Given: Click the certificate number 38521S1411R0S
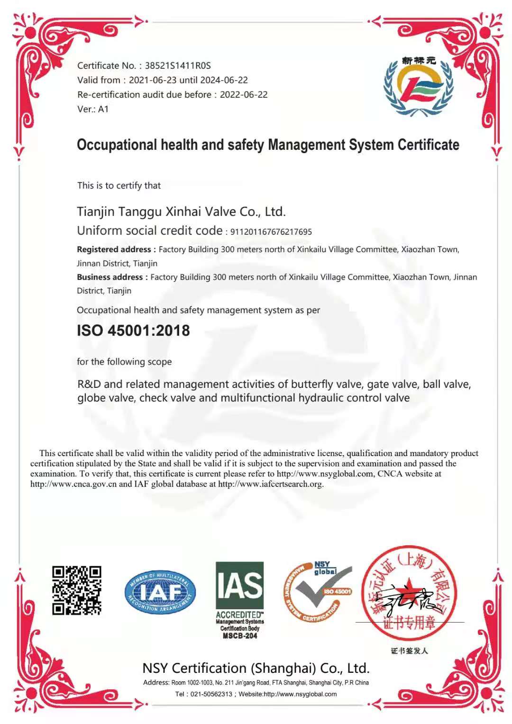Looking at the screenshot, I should (x=178, y=66).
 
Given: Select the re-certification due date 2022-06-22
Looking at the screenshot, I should (x=244, y=95).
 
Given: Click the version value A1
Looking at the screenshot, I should (x=103, y=109).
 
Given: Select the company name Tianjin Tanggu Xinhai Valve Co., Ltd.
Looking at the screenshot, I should (x=181, y=211).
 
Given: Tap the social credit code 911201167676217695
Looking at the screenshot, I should (x=271, y=232).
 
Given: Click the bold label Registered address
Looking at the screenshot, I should (x=114, y=249).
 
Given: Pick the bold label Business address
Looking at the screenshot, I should (x=110, y=277).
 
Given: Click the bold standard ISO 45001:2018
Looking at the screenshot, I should (x=133, y=330).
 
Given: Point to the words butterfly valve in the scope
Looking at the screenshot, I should (x=327, y=384).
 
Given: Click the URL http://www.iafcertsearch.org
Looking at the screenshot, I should (x=270, y=484).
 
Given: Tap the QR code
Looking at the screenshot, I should (x=77, y=590).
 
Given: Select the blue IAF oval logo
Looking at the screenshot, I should (x=160, y=592).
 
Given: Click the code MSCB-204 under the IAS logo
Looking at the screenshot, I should (x=240, y=636).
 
